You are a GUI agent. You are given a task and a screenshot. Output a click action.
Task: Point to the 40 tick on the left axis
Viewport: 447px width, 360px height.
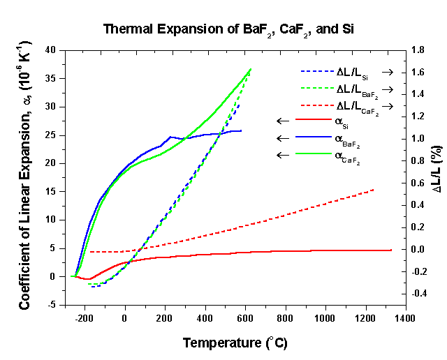click(51, 50)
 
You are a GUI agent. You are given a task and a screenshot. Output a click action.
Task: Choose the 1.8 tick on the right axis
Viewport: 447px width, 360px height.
click(418, 50)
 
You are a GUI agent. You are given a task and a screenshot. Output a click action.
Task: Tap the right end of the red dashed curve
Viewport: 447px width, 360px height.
click(374, 189)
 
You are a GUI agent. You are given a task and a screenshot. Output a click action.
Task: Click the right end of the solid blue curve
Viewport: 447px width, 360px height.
click(241, 130)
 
